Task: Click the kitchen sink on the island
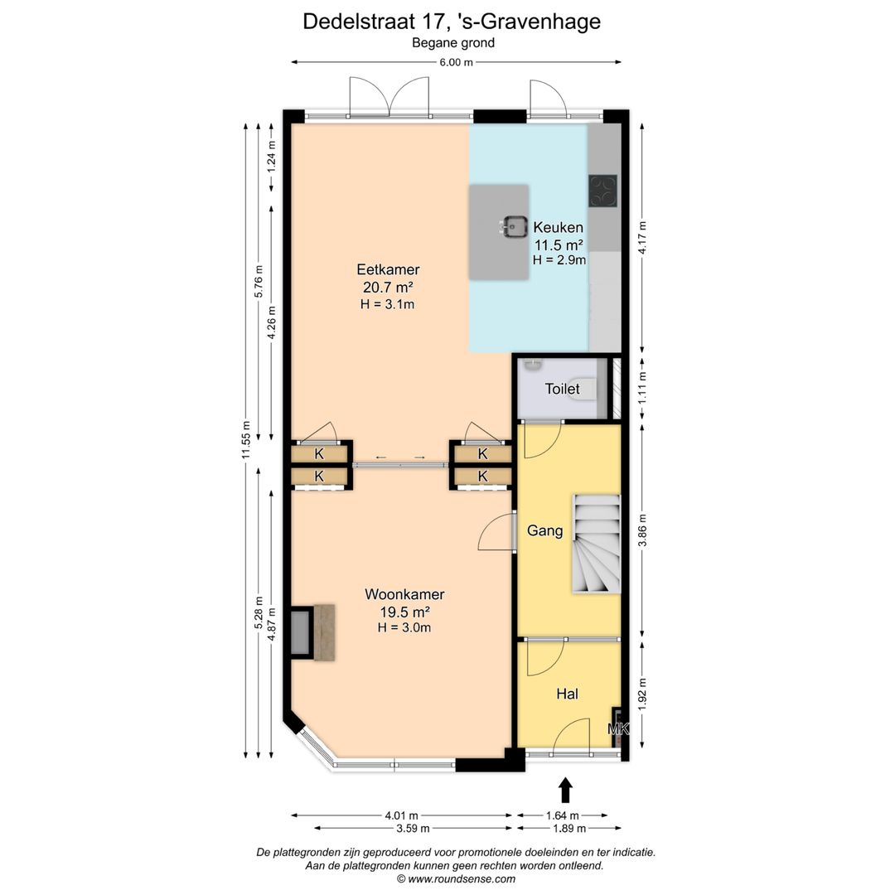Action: tap(515, 225)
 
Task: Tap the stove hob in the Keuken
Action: tap(603, 191)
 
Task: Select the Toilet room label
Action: tap(562, 388)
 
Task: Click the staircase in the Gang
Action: tap(595, 544)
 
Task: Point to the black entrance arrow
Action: tap(566, 790)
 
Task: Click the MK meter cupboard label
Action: tap(618, 729)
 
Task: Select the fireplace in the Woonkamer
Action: tap(315, 633)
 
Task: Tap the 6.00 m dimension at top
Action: tap(456, 62)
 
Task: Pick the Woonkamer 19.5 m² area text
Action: tap(404, 612)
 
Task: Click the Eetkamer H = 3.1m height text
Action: tap(387, 304)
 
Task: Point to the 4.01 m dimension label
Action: tap(401, 815)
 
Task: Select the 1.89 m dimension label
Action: tap(568, 828)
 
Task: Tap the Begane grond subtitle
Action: tap(453, 43)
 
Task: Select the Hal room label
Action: tap(567, 694)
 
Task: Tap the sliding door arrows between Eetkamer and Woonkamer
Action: tap(400, 457)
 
